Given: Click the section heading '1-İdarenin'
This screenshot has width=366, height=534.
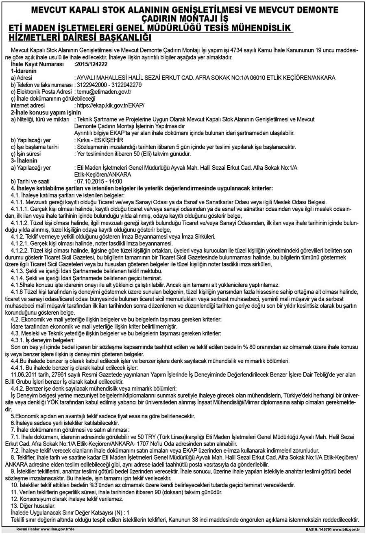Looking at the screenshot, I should pyautogui.click(x=24, y=71).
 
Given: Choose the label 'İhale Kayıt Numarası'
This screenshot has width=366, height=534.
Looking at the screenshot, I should pyautogui.click(x=37, y=65).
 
